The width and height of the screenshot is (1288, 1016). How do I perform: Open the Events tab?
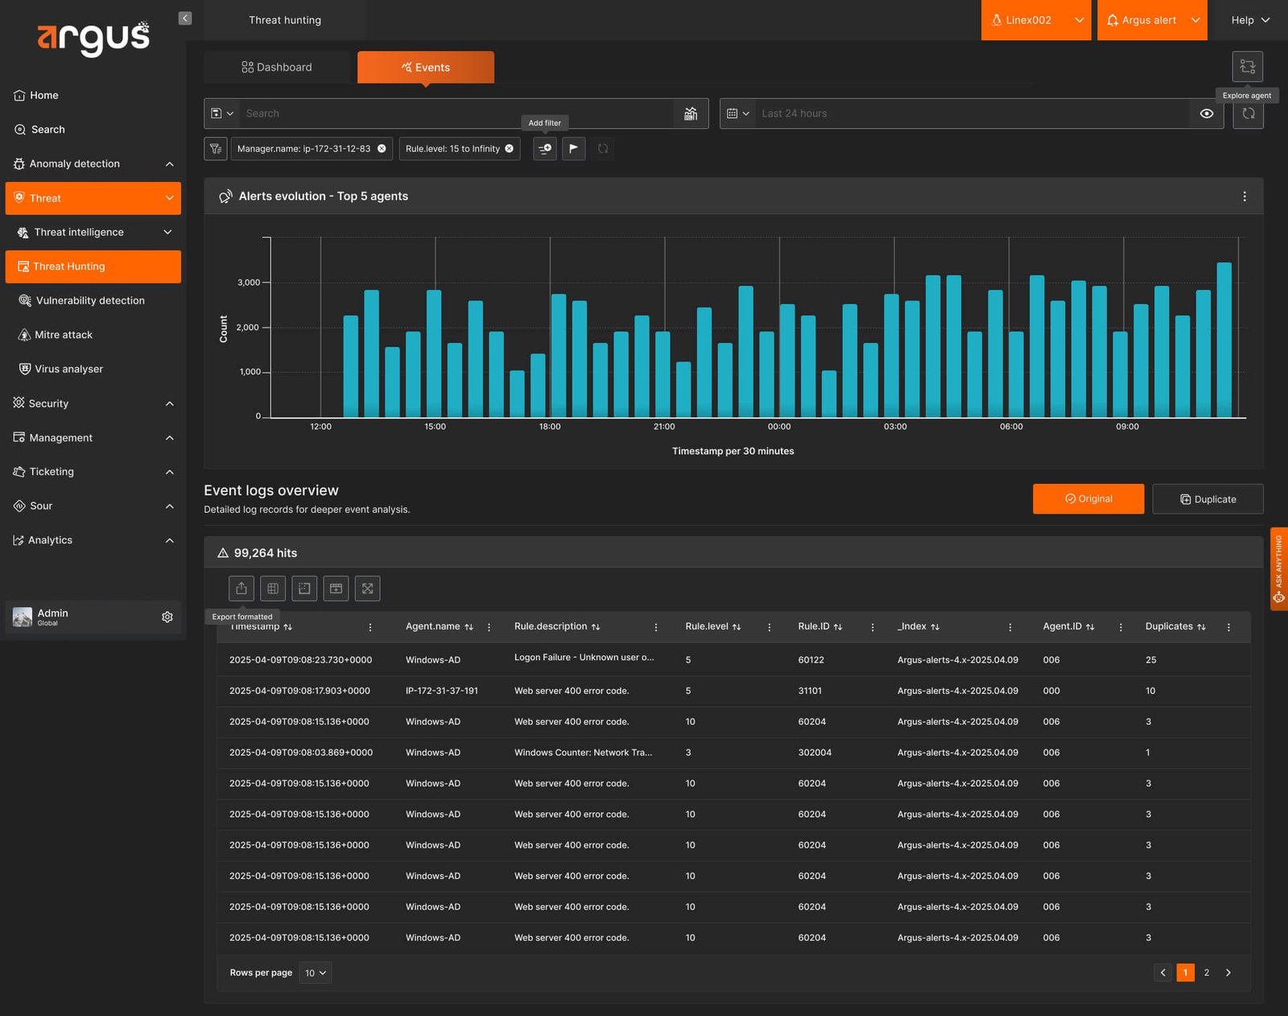click(x=426, y=67)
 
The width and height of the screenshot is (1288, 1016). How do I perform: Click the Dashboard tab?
click(x=276, y=67)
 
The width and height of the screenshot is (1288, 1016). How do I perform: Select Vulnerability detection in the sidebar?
click(x=90, y=300)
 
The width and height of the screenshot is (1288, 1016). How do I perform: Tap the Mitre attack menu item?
click(x=64, y=335)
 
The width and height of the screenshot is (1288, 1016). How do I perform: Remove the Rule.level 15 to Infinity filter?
click(x=510, y=148)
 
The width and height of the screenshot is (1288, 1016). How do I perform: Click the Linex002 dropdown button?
click(x=1035, y=20)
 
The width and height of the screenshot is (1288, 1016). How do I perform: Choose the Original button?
click(x=1088, y=498)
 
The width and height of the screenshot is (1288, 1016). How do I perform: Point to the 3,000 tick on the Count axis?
click(x=249, y=283)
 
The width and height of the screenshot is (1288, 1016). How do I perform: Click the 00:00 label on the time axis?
click(x=779, y=427)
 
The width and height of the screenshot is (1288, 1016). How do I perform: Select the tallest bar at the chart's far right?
click(x=1224, y=340)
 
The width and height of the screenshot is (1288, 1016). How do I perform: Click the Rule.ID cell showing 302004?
click(x=815, y=753)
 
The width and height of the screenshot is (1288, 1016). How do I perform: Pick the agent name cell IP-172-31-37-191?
click(x=442, y=691)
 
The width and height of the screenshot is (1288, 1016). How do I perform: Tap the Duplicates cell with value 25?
click(x=1150, y=660)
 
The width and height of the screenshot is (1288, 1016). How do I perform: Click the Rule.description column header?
click(x=551, y=626)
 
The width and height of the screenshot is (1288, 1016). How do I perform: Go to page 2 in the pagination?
click(x=1207, y=973)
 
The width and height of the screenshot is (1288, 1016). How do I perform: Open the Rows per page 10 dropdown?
click(x=316, y=973)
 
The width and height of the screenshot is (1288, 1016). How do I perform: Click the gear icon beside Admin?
click(x=167, y=617)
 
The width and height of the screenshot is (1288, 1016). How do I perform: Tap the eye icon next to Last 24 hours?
click(x=1206, y=114)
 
